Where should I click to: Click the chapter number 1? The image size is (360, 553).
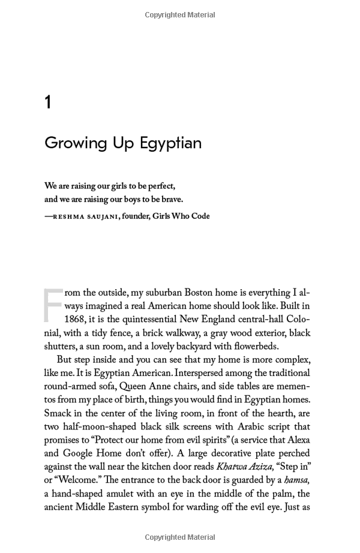(48, 103)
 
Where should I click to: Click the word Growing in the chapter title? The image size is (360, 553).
(74, 144)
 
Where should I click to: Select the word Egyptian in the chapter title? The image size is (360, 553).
(170, 144)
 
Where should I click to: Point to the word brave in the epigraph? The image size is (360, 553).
(172, 200)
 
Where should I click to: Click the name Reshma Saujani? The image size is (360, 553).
(85, 217)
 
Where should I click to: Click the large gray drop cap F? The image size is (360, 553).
(53, 305)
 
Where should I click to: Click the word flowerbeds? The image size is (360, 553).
(254, 346)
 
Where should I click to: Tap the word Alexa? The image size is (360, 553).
(296, 440)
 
